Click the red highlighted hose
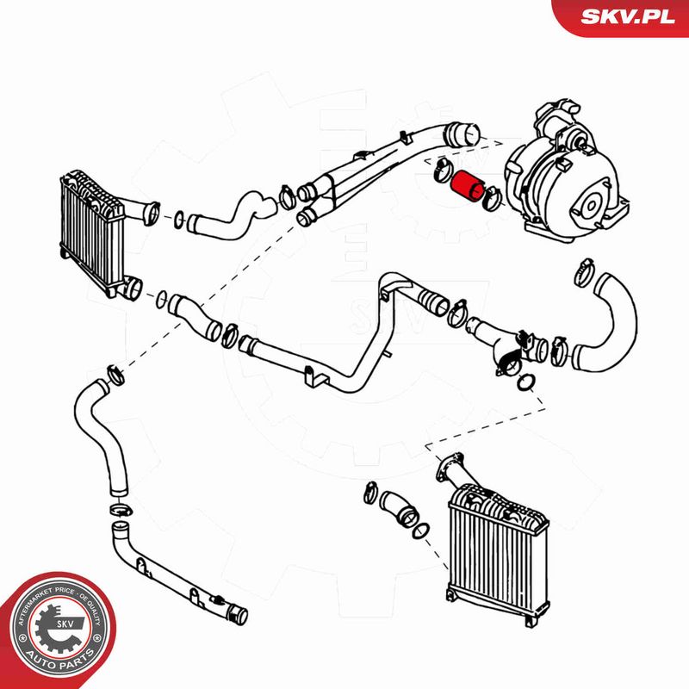point(467,187)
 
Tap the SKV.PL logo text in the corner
point(628,16)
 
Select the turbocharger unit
point(566,175)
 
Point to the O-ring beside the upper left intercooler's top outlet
point(179,220)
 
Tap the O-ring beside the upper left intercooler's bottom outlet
point(162,300)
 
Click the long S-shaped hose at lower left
point(99,435)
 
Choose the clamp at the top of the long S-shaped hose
point(115,373)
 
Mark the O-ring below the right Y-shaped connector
point(525,382)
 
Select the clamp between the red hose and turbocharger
point(491,197)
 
